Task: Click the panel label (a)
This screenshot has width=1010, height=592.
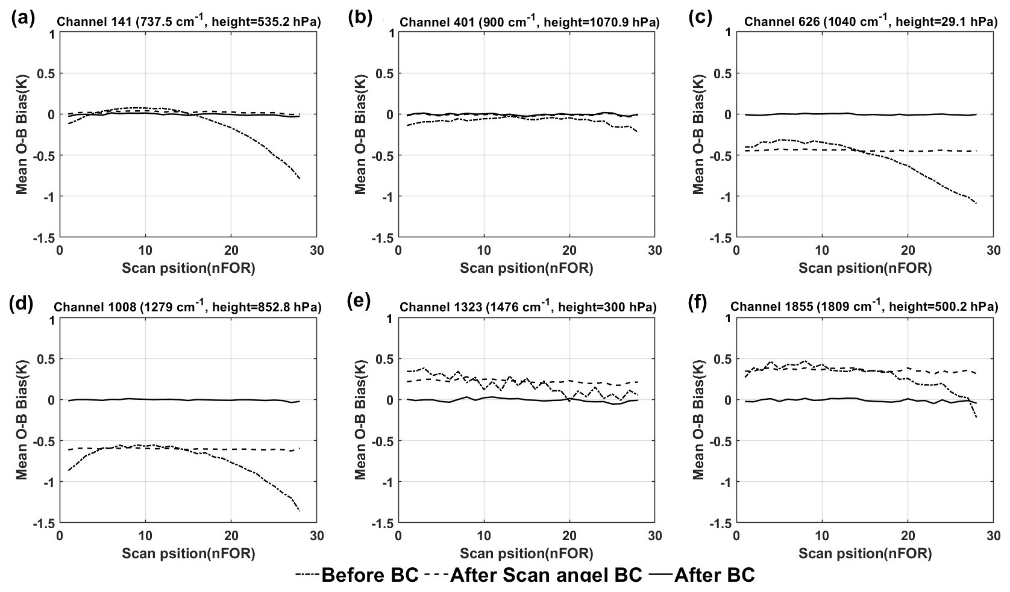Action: (23, 19)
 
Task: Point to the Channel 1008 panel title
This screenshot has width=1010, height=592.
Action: (187, 307)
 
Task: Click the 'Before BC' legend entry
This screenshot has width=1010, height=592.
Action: (357, 575)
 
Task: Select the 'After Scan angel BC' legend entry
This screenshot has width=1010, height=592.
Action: (533, 575)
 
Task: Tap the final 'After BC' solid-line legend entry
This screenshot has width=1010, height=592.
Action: (702, 575)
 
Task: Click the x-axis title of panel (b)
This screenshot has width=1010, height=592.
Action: (526, 268)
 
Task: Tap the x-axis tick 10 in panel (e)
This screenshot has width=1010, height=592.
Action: (483, 536)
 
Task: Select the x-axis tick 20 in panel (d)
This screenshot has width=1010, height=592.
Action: (231, 536)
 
